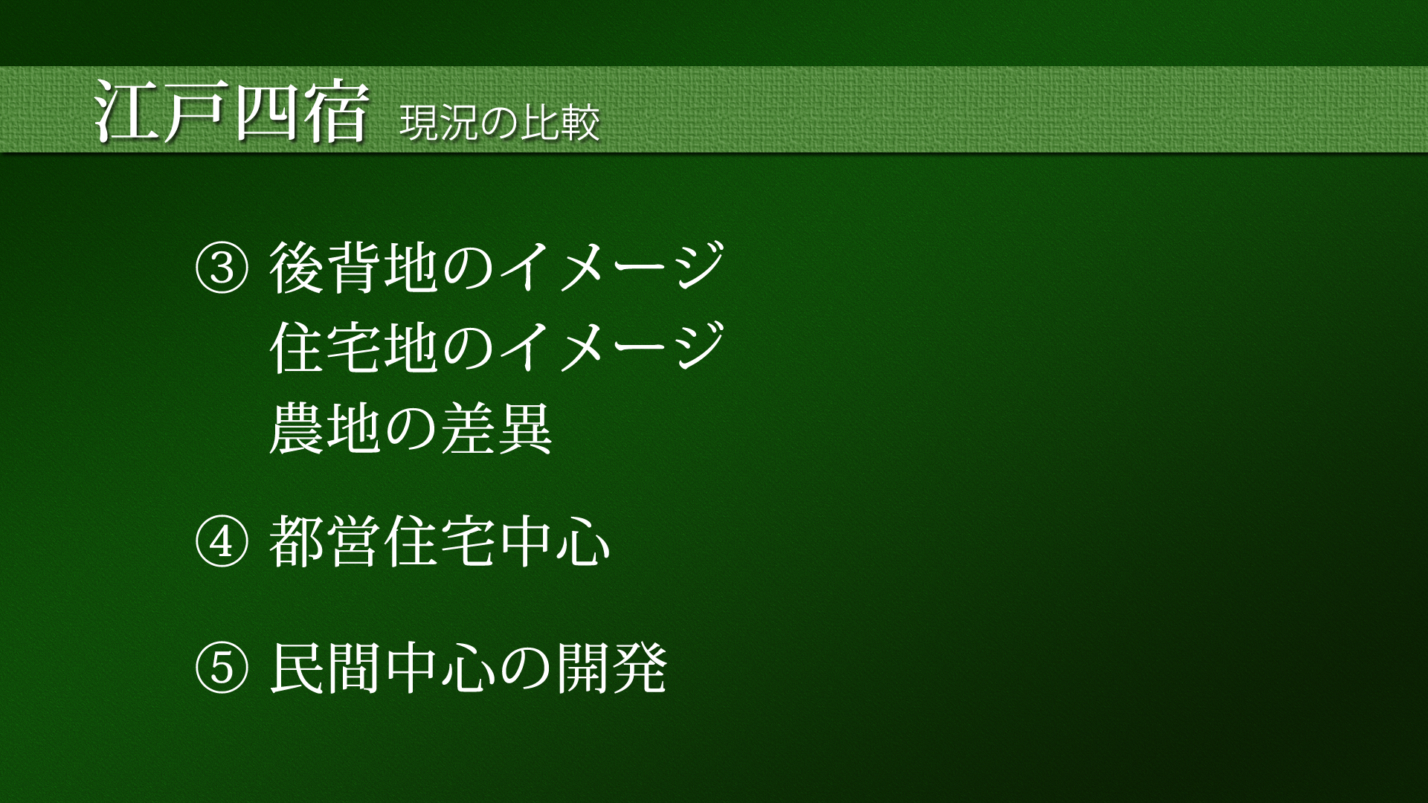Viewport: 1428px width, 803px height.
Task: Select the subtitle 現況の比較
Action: click(500, 123)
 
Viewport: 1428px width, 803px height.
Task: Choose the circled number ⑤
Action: click(221, 668)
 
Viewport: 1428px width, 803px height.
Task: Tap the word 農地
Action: click(326, 428)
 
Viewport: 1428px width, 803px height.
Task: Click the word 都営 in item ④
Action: click(326, 542)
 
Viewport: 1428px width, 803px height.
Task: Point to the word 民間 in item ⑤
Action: click(326, 667)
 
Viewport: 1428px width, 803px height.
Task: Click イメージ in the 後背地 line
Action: click(611, 268)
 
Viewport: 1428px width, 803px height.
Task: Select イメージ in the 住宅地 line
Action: click(611, 348)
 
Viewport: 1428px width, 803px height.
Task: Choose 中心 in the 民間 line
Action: click(440, 667)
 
